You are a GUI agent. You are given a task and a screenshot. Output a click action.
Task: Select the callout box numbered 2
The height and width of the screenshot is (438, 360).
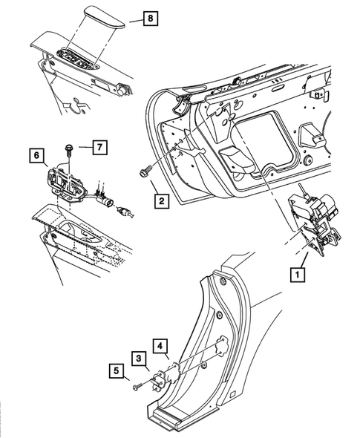[x=161, y=199]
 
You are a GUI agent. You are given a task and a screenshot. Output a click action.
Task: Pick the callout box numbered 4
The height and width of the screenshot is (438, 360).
[x=160, y=344]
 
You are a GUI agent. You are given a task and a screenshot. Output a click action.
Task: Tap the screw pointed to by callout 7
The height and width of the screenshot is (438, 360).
[x=68, y=150]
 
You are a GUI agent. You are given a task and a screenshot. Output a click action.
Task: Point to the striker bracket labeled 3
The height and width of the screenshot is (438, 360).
[x=158, y=380]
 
